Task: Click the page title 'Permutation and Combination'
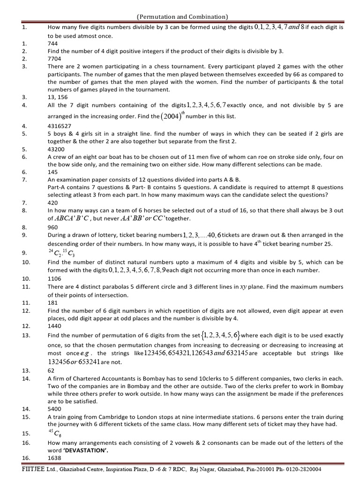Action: coord(182,17)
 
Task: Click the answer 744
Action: coord(53,43)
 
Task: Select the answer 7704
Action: coord(54,59)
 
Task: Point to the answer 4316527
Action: coord(60,126)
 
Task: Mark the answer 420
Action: coord(53,202)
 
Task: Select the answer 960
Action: coord(53,227)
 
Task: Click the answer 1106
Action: coord(54,278)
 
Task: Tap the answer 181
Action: coord(53,302)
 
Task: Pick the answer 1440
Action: coord(54,325)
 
